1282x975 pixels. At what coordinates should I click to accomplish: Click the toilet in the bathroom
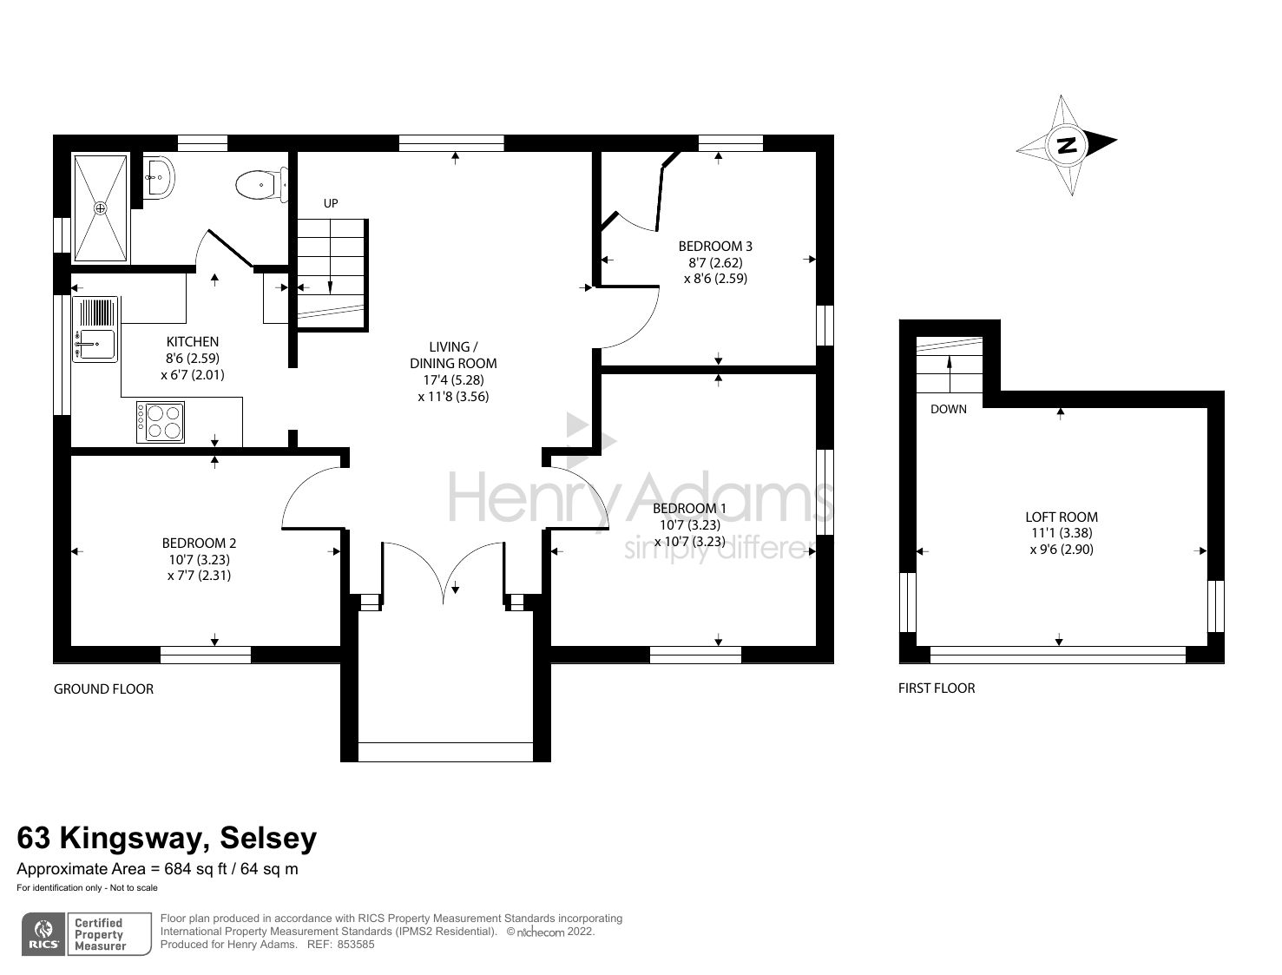259,185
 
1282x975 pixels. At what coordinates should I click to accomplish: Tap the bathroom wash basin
159,178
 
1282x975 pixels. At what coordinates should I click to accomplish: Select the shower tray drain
101,208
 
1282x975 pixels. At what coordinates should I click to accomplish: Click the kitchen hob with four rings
161,422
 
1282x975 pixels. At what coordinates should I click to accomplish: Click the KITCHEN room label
192,342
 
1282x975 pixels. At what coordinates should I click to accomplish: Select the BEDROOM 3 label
715,247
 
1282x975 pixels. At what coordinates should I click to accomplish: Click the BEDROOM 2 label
199,543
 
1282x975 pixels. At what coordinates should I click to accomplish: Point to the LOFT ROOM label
1061,517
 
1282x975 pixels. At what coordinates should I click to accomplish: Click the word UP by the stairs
331,203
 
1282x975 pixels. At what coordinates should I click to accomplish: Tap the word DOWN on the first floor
948,409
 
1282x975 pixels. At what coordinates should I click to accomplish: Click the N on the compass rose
1067,145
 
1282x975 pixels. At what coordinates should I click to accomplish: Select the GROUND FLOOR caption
103,689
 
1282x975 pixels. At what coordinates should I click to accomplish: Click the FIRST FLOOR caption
937,688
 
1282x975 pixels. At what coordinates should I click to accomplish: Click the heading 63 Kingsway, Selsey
167,838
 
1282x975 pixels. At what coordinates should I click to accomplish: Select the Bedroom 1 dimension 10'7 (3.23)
689,525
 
